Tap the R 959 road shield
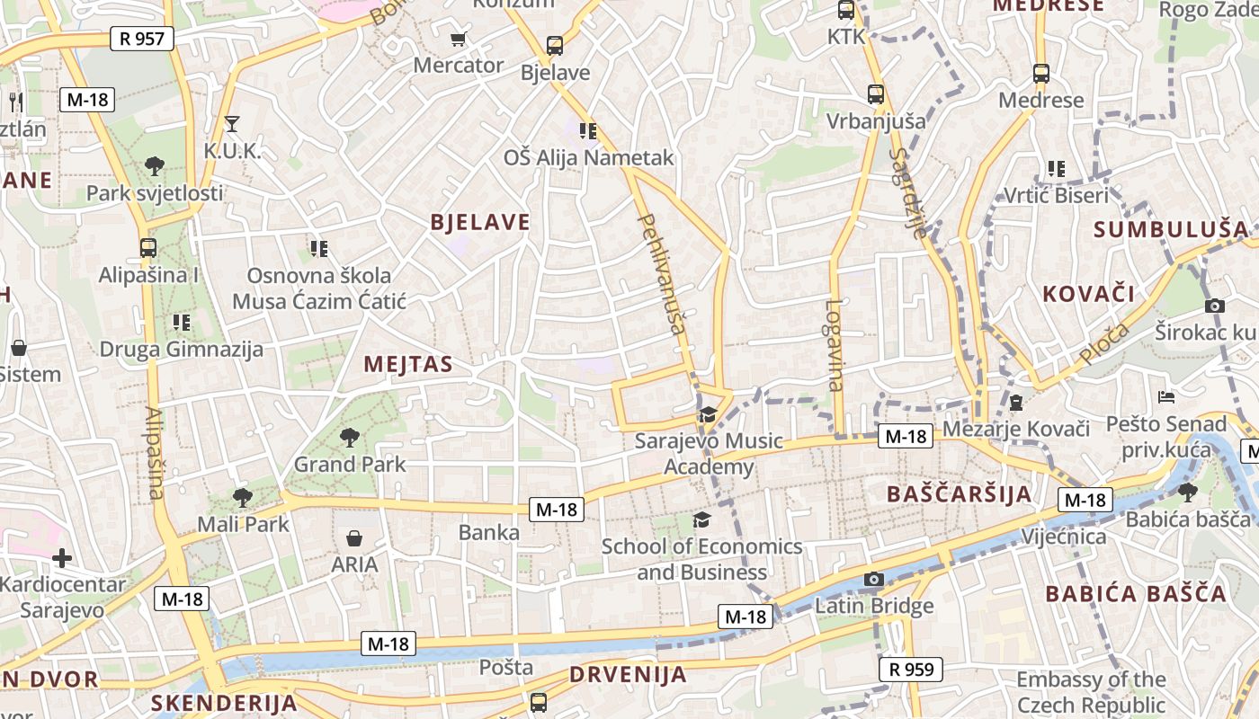point(910,669)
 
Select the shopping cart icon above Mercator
point(459,39)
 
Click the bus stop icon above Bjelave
point(555,45)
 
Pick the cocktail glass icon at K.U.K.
point(232,123)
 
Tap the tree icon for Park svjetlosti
point(155,165)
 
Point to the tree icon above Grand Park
point(350,438)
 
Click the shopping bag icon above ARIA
point(354,538)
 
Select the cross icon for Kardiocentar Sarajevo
point(61,558)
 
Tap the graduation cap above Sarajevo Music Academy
point(708,414)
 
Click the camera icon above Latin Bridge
point(874,579)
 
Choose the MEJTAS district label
point(408,364)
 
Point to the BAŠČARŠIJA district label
point(959,493)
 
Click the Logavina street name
point(835,345)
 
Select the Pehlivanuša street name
point(662,272)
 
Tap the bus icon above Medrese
point(1041,74)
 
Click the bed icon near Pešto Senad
point(1166,396)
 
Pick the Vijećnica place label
point(1064,537)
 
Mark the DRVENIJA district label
point(628,674)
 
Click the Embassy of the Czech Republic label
point(1091,692)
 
